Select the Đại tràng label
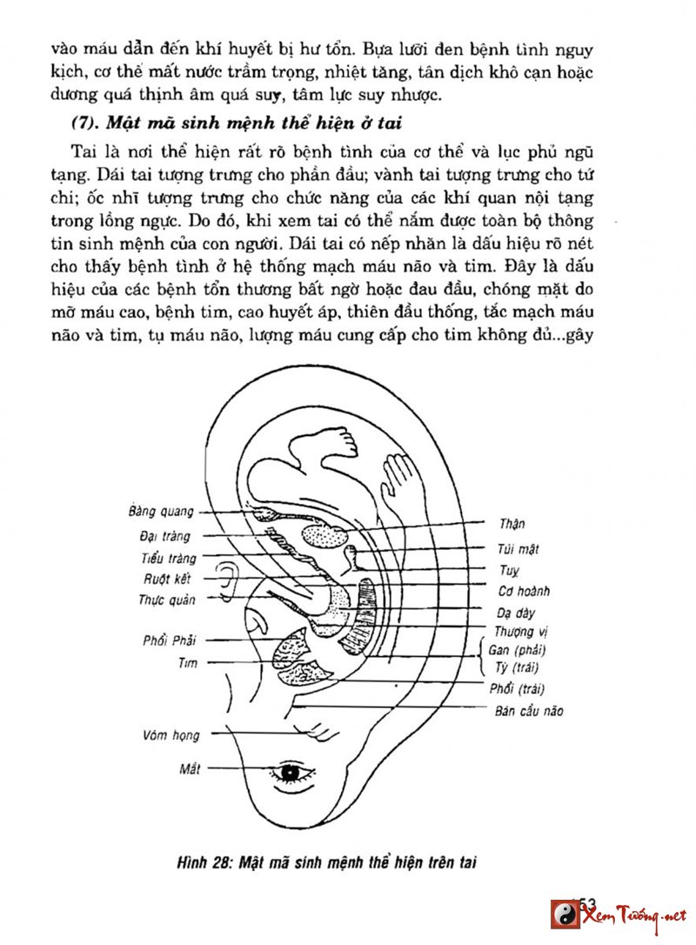(164, 536)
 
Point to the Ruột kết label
(168, 579)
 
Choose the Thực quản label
(167, 600)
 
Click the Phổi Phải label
(170, 641)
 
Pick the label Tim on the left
(187, 663)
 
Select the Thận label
(512, 524)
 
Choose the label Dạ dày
(515, 613)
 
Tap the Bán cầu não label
(528, 711)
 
